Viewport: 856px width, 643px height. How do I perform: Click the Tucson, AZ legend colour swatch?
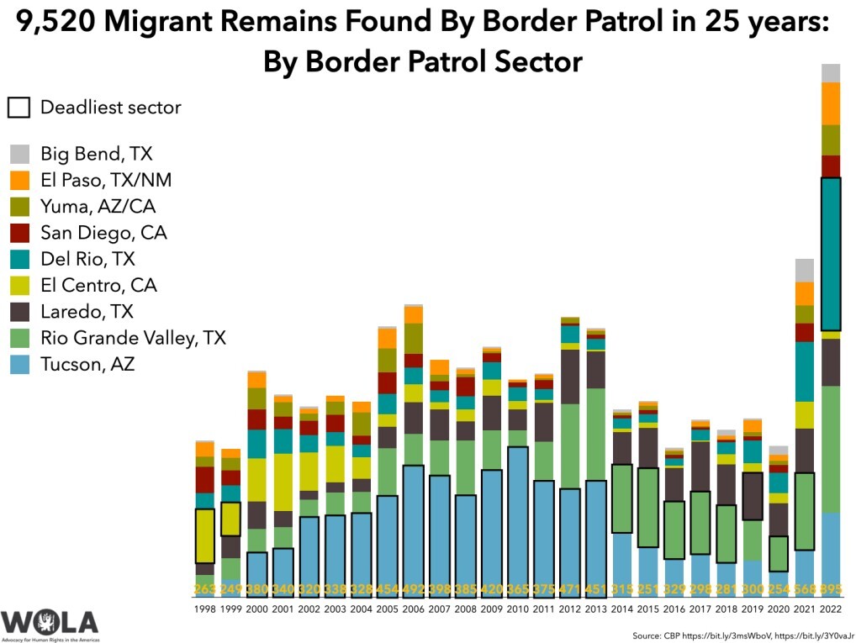click(21, 365)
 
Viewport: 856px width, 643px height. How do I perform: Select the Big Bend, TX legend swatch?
click(21, 154)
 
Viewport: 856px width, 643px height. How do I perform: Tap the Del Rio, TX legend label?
click(87, 259)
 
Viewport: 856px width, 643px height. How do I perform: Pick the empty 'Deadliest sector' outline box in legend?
click(18, 108)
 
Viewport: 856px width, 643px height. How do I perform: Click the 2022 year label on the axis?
click(831, 607)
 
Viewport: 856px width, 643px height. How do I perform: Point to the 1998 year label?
click(205, 607)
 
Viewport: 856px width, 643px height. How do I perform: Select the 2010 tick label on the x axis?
click(518, 607)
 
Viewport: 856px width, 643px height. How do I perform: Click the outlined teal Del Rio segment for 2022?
click(831, 254)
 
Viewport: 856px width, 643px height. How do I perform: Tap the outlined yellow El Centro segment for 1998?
click(205, 536)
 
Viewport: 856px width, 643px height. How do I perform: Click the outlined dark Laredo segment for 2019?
click(753, 496)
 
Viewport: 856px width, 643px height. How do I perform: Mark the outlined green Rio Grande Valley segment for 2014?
click(622, 498)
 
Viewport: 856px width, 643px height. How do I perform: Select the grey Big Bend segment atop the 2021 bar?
click(805, 270)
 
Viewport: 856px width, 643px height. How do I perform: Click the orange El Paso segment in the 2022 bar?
click(831, 103)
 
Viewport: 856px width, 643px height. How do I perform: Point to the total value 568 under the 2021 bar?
click(805, 588)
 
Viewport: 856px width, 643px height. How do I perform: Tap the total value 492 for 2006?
click(414, 588)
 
